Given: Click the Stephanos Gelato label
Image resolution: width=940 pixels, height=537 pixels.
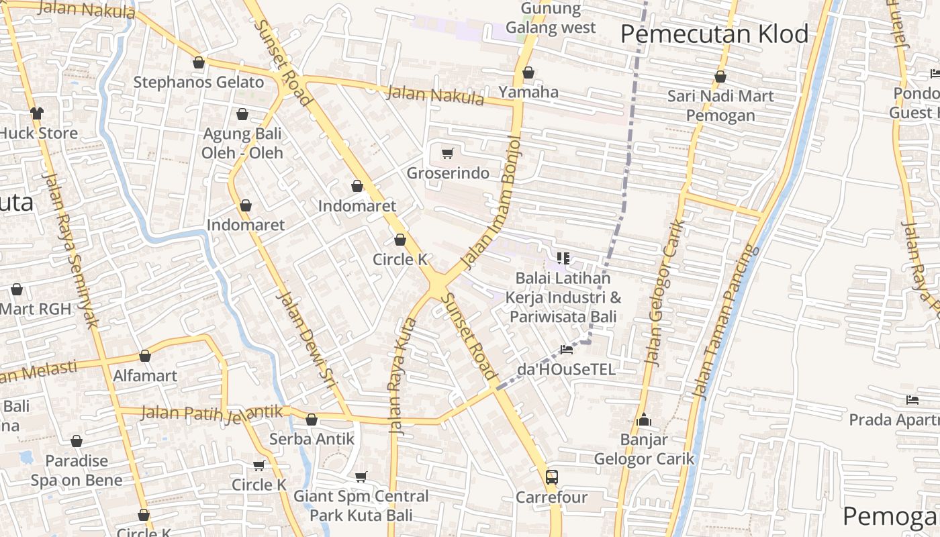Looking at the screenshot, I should pos(199,83).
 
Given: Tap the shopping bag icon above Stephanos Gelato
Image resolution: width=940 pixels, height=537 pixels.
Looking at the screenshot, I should pos(199,63).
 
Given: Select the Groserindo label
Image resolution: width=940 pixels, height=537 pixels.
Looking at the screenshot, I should pos(448,173).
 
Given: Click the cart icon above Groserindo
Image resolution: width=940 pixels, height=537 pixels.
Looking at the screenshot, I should pos(448,153).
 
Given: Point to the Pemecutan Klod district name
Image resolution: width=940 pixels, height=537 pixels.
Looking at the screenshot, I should pos(714,34).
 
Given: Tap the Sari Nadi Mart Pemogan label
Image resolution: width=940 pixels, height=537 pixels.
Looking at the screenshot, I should pos(720,106).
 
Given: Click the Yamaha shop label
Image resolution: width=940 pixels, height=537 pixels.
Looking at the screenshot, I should pos(528,92).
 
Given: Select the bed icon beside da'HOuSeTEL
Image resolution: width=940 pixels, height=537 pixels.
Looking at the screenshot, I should pos(567,350).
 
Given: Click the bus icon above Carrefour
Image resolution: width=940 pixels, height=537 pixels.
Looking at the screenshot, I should pos(551,477).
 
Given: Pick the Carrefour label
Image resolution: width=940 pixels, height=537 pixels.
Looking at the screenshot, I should pos(551,497).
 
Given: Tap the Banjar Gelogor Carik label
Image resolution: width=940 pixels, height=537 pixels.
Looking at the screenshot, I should pos(644,450).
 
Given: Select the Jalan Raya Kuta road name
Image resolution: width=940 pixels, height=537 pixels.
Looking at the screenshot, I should pos(402,376).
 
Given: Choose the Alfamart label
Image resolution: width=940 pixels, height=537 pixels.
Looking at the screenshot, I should pos(145,376).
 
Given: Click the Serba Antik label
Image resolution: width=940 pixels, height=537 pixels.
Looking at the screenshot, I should pos(311,439).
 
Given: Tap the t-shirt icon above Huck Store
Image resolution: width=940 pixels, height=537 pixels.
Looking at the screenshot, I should pos(37,113).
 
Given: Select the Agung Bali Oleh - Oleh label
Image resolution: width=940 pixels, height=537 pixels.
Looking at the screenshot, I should pos(242,143).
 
